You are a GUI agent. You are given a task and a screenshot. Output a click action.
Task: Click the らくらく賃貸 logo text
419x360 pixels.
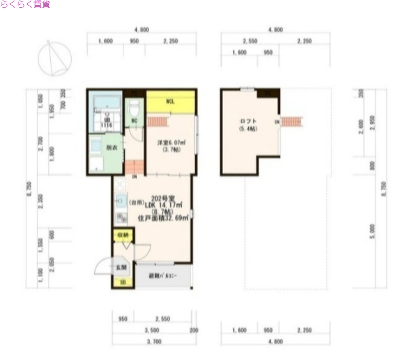click(x=25, y=5)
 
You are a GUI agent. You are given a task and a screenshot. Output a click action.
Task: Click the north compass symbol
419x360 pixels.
click(x=57, y=57)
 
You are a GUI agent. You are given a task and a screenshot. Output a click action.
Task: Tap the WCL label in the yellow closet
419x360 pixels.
click(x=170, y=102)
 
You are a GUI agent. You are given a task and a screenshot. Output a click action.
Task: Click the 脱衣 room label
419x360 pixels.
click(x=112, y=148)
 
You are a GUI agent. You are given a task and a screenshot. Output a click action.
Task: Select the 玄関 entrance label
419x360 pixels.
click(x=121, y=267)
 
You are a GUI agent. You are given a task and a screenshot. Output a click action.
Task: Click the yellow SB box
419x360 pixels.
click(x=123, y=283)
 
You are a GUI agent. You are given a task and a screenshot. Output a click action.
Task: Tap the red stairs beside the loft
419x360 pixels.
click(x=292, y=122)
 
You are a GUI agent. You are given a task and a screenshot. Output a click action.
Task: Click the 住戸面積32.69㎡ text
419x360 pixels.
click(x=162, y=217)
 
